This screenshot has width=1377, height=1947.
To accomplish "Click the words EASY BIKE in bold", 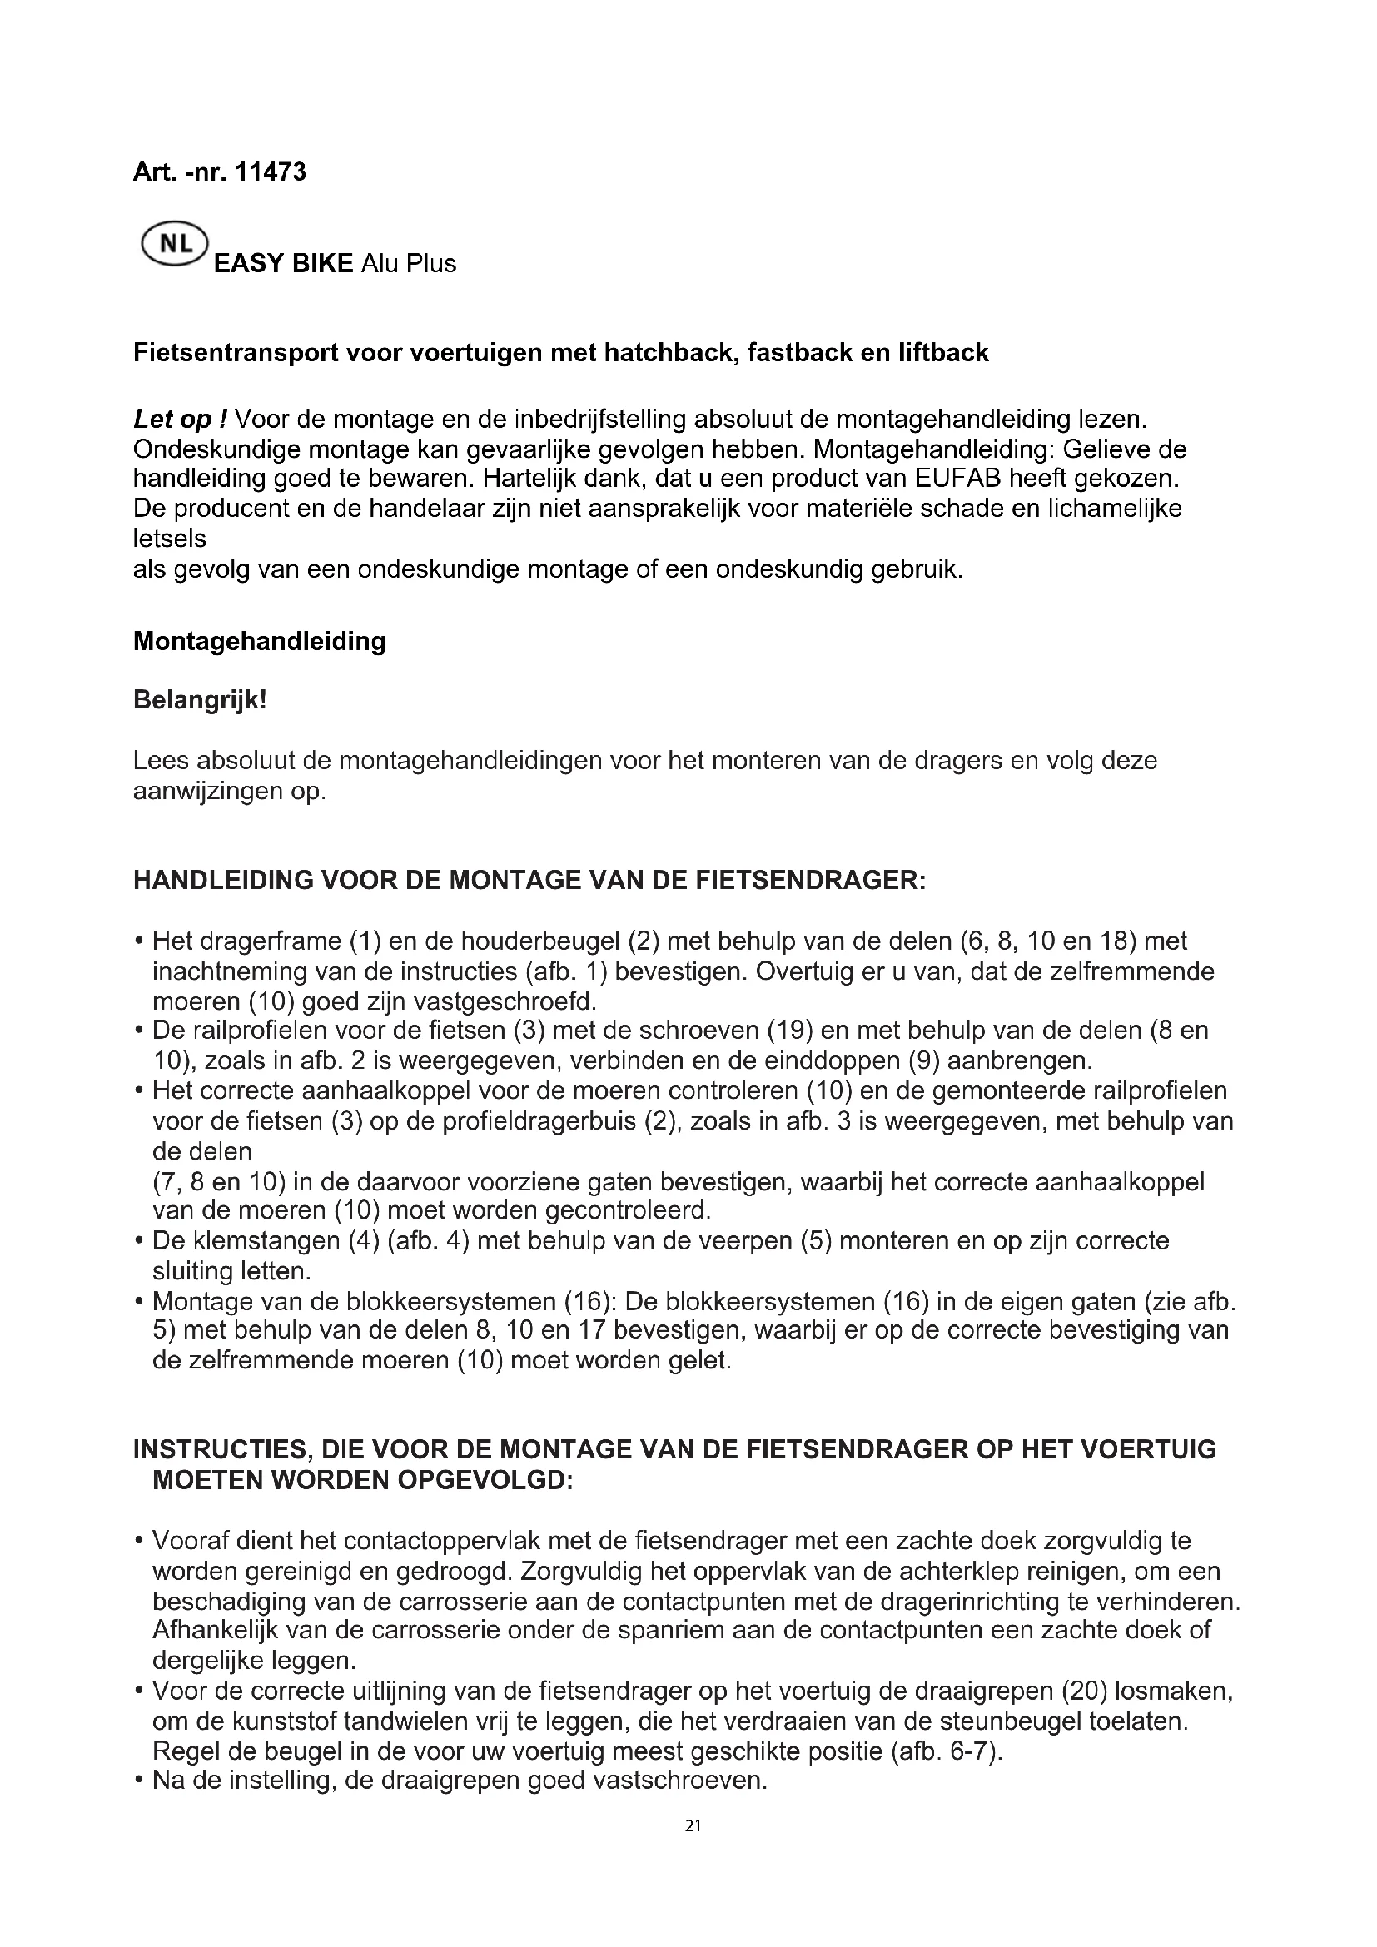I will coord(283,264).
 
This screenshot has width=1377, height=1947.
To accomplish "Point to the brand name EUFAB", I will coord(958,479).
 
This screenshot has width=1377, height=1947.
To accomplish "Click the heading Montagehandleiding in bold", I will coord(260,641).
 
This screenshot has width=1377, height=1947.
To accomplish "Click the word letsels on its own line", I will coord(170,539).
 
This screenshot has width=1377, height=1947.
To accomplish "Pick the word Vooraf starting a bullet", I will coord(191,1540).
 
